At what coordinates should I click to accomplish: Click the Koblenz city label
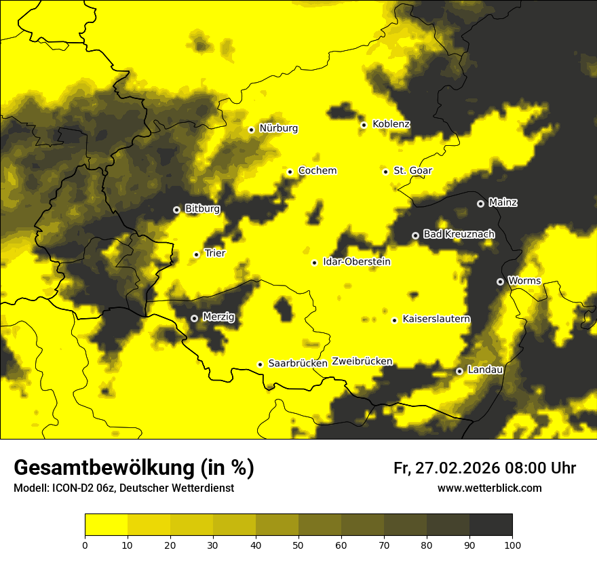point(391,124)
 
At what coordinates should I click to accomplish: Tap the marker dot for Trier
point(197,254)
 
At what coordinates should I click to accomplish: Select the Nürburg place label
point(278,128)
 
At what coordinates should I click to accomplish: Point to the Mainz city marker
point(480,203)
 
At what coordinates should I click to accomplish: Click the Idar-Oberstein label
point(357,262)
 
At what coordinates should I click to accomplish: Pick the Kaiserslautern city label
point(436,319)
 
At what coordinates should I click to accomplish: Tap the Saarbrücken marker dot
point(260,364)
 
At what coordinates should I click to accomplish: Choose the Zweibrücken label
point(362,362)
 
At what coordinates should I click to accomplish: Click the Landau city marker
point(459,371)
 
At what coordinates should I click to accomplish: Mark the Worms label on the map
point(524,281)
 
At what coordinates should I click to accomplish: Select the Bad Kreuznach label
point(459,234)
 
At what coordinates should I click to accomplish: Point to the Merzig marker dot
point(194,318)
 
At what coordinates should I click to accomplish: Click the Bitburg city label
point(202,209)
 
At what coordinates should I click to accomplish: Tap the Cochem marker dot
point(290,172)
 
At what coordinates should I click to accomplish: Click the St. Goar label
point(412,170)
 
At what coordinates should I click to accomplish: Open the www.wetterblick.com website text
point(489,488)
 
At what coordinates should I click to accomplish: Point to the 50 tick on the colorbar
point(298,545)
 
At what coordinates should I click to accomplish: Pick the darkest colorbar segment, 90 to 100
point(490,525)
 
